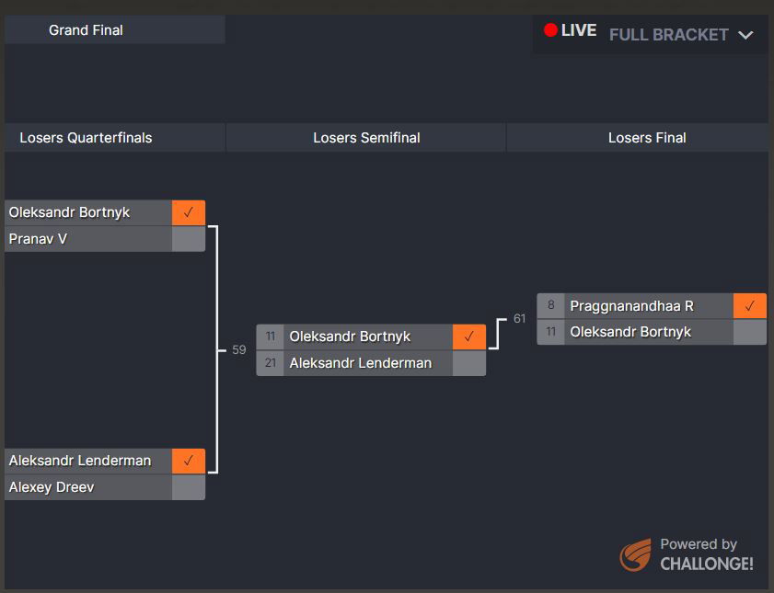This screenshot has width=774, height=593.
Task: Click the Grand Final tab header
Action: pyautogui.click(x=87, y=30)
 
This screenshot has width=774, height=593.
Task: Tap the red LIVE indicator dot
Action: pyautogui.click(x=550, y=30)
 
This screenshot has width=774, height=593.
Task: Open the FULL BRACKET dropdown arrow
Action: pyautogui.click(x=745, y=35)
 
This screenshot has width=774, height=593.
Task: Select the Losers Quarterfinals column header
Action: pyautogui.click(x=86, y=138)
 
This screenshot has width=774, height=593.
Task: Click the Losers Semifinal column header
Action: pyautogui.click(x=366, y=138)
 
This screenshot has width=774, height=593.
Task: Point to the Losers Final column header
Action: pyautogui.click(x=647, y=138)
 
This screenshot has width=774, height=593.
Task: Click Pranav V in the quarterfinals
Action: pyautogui.click(x=38, y=239)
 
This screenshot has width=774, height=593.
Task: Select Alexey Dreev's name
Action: pyautogui.click(x=52, y=487)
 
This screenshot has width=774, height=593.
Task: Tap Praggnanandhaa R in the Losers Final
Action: pyautogui.click(x=631, y=306)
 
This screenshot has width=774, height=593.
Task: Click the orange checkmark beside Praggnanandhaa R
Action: pyautogui.click(x=750, y=306)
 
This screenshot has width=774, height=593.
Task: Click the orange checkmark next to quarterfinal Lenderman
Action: pyautogui.click(x=189, y=461)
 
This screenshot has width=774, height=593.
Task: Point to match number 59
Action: pyautogui.click(x=239, y=350)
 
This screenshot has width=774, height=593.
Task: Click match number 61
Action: pyautogui.click(x=520, y=319)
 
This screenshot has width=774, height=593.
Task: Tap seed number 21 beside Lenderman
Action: pyautogui.click(x=271, y=363)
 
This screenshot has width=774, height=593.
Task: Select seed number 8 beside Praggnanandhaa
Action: pyautogui.click(x=551, y=306)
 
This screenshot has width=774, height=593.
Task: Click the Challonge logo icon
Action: pyautogui.click(x=635, y=555)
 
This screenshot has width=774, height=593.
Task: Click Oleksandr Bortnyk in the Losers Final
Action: pyautogui.click(x=630, y=332)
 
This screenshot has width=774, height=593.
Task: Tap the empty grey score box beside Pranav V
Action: pyautogui.click(x=189, y=239)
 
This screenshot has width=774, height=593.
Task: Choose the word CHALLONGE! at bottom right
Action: pyautogui.click(x=707, y=564)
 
